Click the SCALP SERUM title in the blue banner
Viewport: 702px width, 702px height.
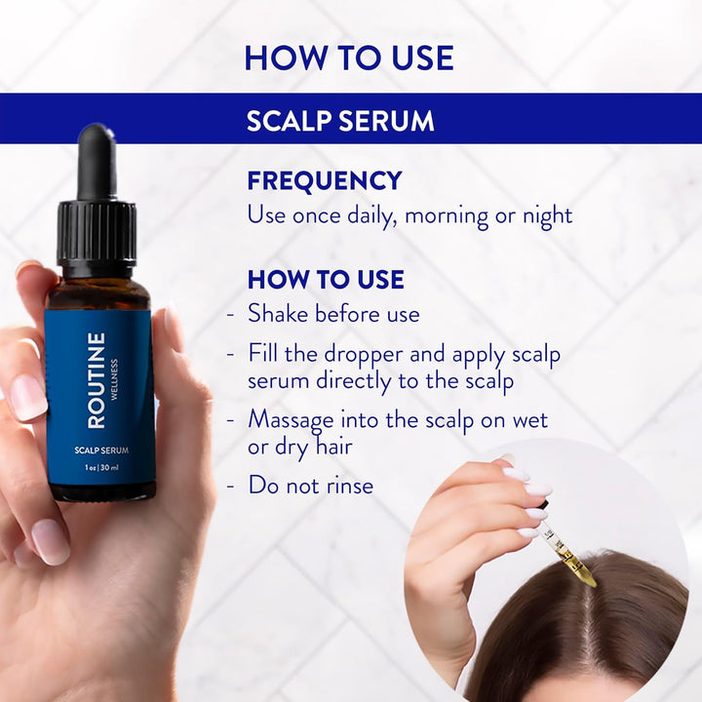click(x=340, y=121)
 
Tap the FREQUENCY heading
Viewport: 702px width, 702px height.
click(x=325, y=181)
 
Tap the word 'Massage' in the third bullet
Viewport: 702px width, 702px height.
click(x=293, y=419)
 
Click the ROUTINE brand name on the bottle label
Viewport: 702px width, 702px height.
click(x=97, y=380)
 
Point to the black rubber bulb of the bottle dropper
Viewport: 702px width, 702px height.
click(x=97, y=161)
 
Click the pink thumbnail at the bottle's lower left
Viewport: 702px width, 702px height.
click(x=50, y=541)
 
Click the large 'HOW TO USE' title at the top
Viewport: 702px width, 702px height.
click(x=349, y=58)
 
